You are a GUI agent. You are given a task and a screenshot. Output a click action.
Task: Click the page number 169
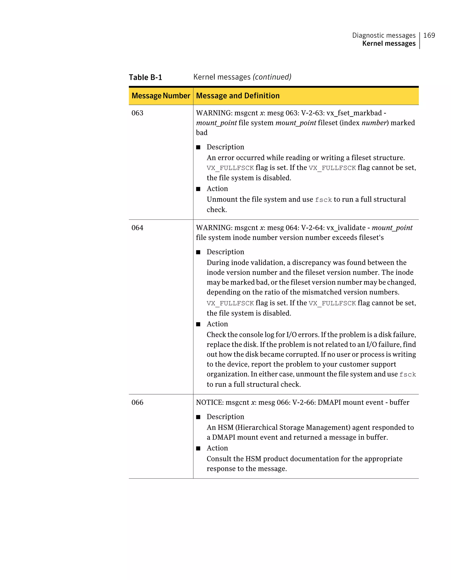(x=429, y=35)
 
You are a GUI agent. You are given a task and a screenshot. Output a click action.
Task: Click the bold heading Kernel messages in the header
(x=389, y=44)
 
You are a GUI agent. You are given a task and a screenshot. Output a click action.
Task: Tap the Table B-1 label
(x=145, y=77)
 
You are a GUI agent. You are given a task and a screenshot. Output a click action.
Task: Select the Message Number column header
(x=161, y=96)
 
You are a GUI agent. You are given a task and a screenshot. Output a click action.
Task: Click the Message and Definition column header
(x=238, y=96)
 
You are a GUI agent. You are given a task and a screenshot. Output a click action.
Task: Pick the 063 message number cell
(x=137, y=113)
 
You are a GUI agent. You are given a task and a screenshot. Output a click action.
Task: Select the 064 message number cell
(x=137, y=228)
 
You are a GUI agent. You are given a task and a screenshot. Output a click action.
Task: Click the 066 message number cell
(x=137, y=402)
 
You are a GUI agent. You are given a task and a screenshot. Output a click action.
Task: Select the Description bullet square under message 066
(x=198, y=417)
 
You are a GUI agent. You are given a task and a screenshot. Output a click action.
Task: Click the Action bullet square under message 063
(x=198, y=189)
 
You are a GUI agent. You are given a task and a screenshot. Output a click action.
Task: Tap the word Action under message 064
(x=217, y=324)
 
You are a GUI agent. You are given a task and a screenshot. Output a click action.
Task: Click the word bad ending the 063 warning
(x=201, y=133)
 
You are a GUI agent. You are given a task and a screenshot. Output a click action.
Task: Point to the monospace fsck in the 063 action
(x=323, y=200)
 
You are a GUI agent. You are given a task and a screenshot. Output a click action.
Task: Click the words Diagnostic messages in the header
(x=384, y=35)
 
